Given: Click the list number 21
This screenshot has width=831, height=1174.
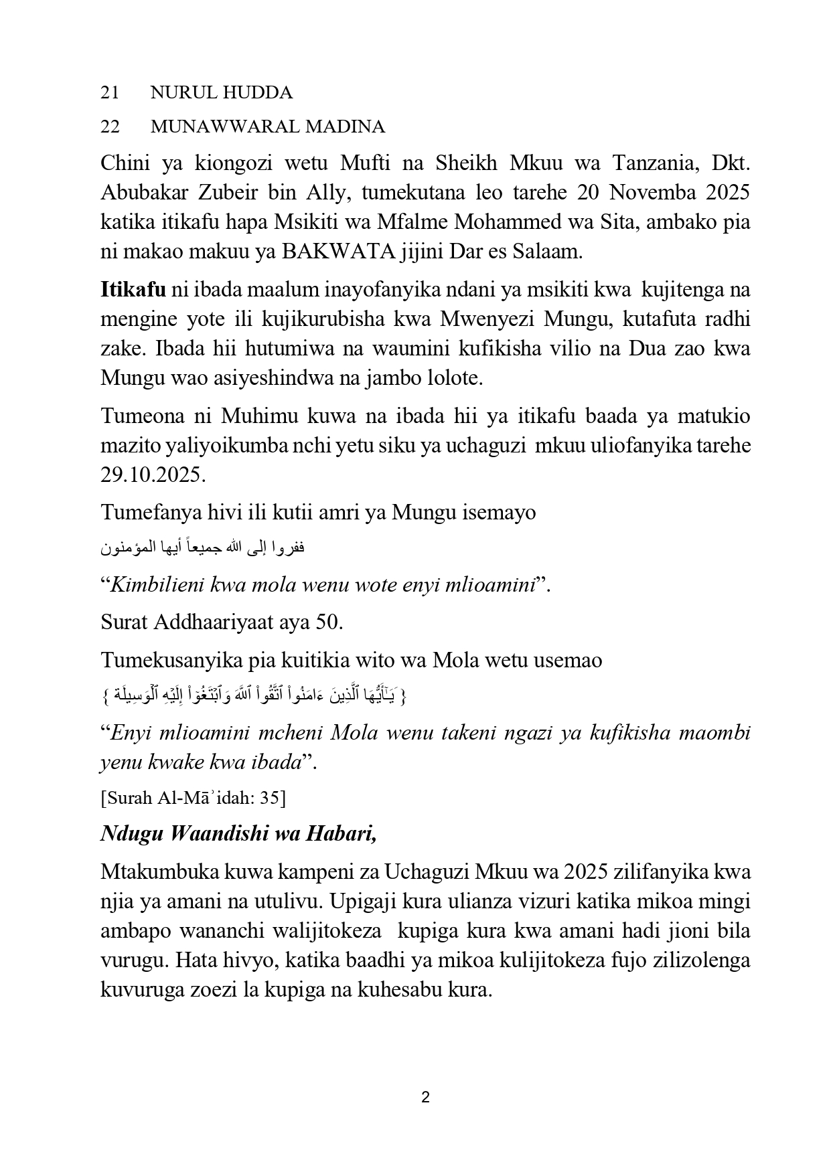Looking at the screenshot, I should click(110, 92).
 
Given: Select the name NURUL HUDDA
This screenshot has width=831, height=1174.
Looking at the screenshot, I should click(221, 92).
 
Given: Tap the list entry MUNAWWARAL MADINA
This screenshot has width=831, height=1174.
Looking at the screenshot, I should click(268, 127).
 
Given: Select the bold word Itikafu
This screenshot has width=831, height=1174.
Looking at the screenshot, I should click(133, 290).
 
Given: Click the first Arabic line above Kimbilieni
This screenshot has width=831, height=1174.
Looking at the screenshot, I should click(202, 549).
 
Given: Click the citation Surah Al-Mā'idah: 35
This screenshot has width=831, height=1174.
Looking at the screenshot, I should click(193, 798).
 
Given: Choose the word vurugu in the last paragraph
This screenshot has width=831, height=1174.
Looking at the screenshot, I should click(133, 960).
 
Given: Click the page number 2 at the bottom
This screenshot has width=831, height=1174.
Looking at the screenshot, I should click(425, 1098).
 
